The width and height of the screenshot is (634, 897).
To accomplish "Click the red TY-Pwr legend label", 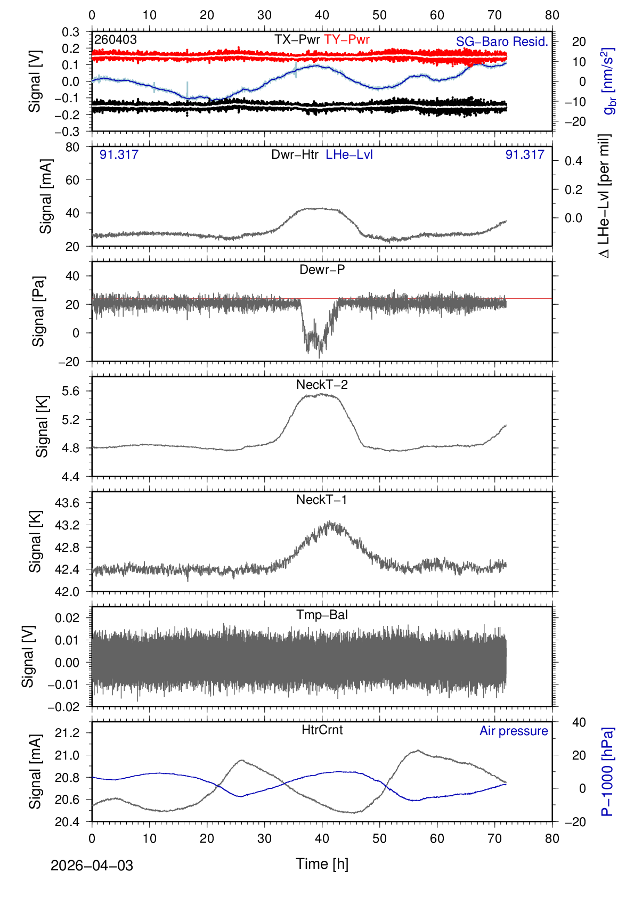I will point(346,39).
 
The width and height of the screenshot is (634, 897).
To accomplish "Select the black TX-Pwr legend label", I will point(297,39).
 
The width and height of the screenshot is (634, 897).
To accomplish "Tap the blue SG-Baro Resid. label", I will point(502,42).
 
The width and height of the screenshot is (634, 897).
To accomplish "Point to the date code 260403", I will point(116,39).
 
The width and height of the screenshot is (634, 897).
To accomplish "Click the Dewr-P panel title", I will point(322,270).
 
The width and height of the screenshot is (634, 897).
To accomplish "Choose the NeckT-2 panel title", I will point(322,385).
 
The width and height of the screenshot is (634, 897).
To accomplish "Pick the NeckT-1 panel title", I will point(322,500).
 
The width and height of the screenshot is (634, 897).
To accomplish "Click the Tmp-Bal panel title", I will point(322,615).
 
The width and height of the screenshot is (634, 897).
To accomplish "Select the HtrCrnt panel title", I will point(322,730).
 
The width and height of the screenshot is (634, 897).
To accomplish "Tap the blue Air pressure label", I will point(514,731).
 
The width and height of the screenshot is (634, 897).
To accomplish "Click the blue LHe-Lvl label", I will point(349,154).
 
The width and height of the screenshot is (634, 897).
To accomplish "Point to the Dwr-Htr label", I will point(295,154).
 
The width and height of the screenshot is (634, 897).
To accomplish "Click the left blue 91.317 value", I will point(119,154).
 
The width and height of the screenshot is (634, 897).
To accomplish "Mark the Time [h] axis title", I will point(322,864).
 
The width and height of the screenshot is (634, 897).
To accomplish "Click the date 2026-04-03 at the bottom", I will point(92,866).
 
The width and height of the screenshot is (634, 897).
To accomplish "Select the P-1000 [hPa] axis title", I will point(607,771).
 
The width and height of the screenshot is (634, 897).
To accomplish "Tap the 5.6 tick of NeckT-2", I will point(70,391).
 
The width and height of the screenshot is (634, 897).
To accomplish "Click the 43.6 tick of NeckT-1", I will point(67,503).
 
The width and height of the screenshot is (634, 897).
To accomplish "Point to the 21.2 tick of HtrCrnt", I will point(67,733).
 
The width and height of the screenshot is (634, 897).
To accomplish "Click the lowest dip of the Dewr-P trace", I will point(320,357).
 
